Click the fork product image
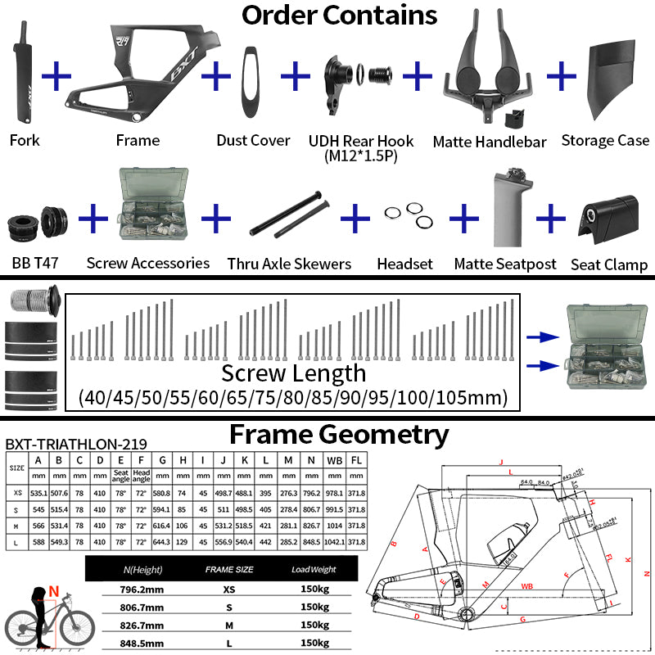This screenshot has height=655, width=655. (x=25, y=74)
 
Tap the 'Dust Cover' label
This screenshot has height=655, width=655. (x=253, y=141)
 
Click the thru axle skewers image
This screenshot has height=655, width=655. (x=288, y=216)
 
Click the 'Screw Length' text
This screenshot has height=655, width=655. (x=294, y=373)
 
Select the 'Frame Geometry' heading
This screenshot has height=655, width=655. (x=339, y=433)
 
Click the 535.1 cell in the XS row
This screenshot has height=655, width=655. (x=38, y=494)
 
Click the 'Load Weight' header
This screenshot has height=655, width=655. (x=314, y=569)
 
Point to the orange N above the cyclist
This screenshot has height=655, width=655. (x=53, y=588)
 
